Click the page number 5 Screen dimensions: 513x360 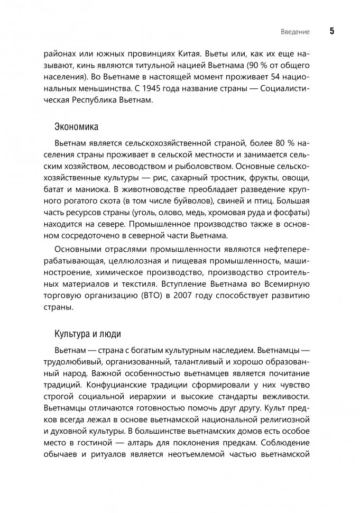(x=332, y=31)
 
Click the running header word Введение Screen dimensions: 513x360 (x=295, y=32)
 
